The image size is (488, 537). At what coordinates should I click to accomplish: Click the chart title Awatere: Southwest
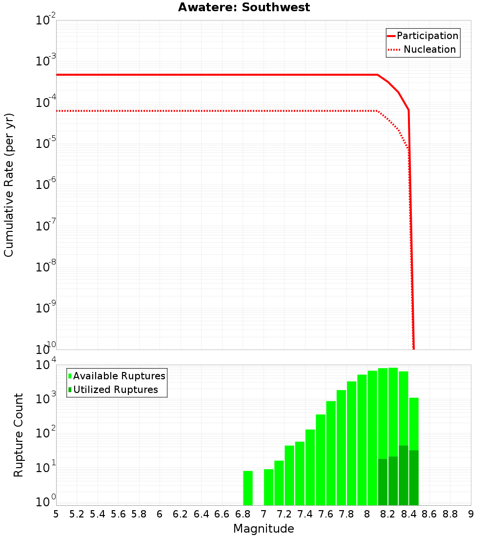tap(244, 7)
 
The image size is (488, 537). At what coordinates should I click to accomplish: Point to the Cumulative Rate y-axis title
tap(9, 185)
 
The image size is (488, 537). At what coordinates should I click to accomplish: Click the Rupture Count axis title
tap(19, 435)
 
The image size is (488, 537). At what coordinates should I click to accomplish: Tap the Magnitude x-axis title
tap(264, 529)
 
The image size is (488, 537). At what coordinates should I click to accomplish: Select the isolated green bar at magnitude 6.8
tap(248, 488)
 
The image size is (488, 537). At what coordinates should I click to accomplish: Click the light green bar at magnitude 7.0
tap(268, 487)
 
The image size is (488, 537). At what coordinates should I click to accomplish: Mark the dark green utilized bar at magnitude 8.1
tap(383, 482)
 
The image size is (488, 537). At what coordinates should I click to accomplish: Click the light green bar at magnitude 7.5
tap(321, 459)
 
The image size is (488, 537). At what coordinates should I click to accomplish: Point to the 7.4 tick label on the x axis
tap(305, 514)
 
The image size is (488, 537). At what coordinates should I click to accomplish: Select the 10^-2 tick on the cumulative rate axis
tap(46, 21)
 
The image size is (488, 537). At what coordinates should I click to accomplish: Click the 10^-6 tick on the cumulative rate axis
tap(46, 186)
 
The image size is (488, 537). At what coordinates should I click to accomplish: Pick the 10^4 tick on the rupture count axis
tap(46, 365)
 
